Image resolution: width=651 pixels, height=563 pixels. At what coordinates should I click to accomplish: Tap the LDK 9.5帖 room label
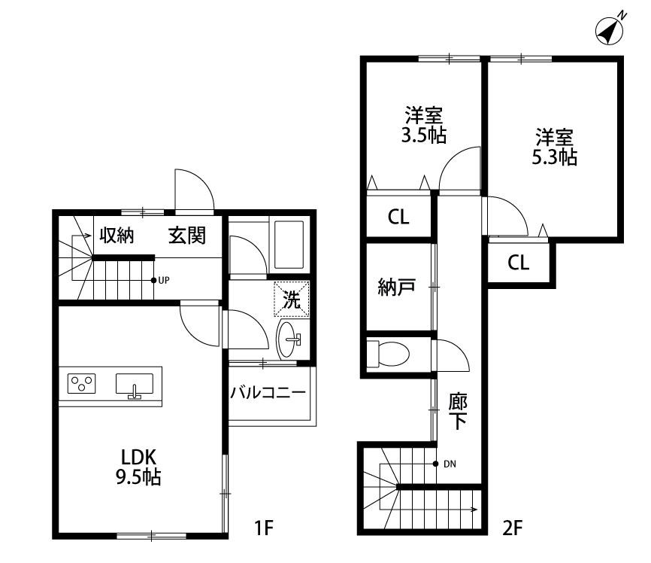[x=138, y=466]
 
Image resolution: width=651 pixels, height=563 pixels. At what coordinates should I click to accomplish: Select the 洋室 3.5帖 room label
[x=423, y=125]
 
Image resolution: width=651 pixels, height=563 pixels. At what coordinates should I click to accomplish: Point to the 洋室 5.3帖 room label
[x=556, y=147]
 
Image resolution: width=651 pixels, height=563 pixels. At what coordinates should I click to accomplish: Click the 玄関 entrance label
[x=186, y=236]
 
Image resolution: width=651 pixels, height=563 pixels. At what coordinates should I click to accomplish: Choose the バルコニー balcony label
[x=268, y=392]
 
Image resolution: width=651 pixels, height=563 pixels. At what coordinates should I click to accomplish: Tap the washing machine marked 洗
[x=291, y=299]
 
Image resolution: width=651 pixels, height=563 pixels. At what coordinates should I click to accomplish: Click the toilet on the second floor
[x=389, y=352]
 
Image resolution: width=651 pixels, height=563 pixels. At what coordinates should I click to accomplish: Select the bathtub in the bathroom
[x=289, y=245]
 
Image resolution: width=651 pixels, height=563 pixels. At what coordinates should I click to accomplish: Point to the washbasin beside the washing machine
[x=289, y=339]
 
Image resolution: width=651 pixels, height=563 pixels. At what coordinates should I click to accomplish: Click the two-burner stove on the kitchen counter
[x=82, y=384]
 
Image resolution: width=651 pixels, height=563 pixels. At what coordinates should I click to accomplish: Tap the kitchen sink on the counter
[x=135, y=385]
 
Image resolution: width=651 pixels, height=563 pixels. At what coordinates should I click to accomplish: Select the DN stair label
[x=450, y=464]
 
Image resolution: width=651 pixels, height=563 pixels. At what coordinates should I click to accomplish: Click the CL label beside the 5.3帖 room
[x=518, y=263]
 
